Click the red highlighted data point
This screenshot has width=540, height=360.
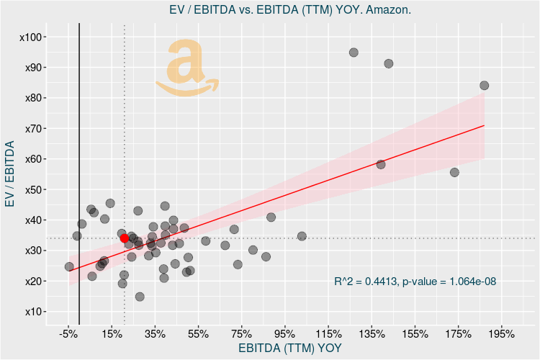pos(125,238)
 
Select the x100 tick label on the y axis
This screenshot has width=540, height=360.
pos(33,37)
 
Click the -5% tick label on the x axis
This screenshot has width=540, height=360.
pos(68,334)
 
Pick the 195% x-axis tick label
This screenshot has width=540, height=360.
pos(501,334)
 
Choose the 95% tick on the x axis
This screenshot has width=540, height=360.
pos(284,334)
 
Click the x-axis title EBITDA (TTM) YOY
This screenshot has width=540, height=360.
pos(289,348)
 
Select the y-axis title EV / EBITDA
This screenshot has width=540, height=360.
pos(10,174)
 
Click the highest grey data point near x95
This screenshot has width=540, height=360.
pos(354,53)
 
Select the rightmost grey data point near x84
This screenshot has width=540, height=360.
pos(484,85)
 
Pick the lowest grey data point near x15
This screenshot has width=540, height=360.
pos(140,297)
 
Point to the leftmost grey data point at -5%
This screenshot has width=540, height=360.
pos(69,266)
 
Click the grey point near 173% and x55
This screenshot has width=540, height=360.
pos(454,172)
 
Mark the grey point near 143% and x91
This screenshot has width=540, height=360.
pos(389,63)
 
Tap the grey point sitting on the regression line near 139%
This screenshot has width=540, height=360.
pos(381,164)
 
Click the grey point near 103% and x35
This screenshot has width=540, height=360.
pos(302,236)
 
